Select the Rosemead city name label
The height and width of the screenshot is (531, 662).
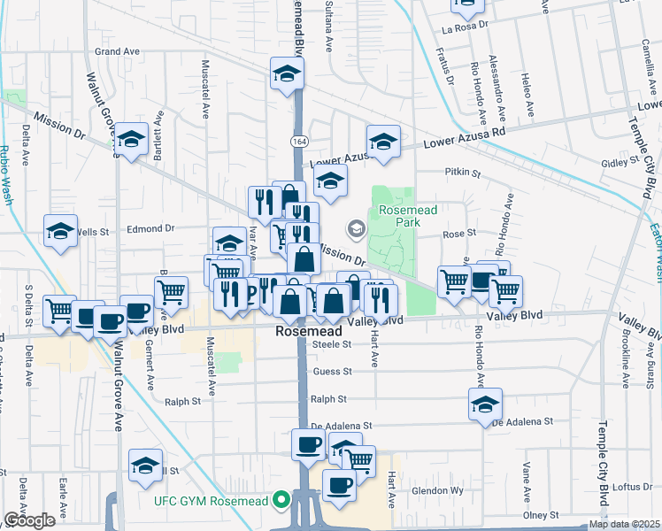[x=307, y=333]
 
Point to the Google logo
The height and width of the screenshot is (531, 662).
[x=29, y=520]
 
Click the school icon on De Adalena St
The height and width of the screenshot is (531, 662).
[x=485, y=404]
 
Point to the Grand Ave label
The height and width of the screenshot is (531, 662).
[x=118, y=52]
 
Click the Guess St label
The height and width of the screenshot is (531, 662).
[x=332, y=372]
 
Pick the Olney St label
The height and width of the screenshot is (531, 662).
[x=538, y=514]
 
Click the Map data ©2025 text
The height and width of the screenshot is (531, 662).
[x=624, y=524]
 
